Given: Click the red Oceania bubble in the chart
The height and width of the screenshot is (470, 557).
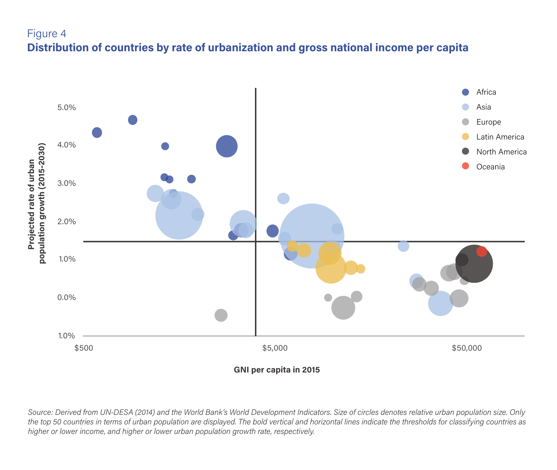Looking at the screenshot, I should (482, 251).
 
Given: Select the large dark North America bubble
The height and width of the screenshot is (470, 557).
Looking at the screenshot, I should (474, 264).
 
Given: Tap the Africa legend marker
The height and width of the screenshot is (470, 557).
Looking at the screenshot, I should (466, 92).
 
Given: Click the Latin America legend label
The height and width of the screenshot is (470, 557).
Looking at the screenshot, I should (500, 137).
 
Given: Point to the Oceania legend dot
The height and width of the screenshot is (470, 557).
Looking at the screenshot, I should (466, 166).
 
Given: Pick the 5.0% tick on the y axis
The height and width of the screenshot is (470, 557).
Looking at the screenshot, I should (67, 108).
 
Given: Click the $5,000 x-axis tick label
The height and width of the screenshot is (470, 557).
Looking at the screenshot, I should (275, 348).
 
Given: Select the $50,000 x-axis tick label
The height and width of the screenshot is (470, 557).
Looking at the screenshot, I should (467, 348).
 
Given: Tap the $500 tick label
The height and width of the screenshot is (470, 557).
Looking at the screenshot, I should (84, 348).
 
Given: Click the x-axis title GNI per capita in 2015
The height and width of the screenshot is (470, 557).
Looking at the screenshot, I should (276, 370).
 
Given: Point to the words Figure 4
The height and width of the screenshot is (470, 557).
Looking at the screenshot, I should (46, 34).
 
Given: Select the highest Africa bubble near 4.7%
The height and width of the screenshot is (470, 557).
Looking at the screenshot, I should (133, 120).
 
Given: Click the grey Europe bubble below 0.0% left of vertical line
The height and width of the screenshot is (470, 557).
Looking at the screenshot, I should (221, 315).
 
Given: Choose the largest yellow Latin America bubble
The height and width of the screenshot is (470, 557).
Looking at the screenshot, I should (331, 268).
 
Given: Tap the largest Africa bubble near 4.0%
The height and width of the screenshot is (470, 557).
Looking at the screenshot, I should (227, 146).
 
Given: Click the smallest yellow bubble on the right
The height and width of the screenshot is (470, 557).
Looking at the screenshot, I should (361, 269).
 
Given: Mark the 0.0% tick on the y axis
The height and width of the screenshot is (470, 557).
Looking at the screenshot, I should (67, 298).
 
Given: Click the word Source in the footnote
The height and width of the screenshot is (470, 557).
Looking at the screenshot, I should (40, 412).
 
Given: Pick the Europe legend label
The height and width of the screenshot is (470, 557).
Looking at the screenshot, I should (488, 122).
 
